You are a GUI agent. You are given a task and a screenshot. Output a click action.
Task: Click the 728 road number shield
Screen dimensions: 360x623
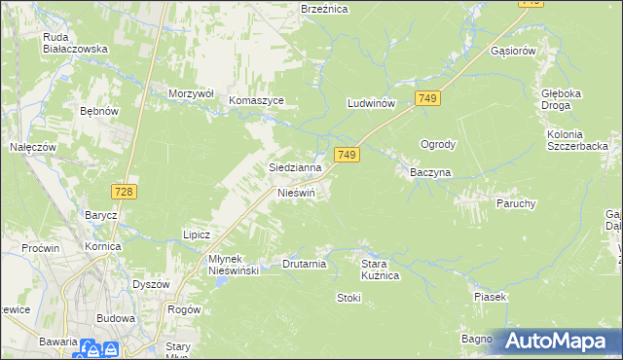pos(123,193)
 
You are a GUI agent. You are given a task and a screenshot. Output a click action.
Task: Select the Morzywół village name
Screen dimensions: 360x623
pos(191,92)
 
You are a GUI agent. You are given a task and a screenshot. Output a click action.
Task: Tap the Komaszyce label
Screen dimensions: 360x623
pos(256,100)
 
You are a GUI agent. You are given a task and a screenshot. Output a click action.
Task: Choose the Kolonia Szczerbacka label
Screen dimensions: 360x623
pos(577,139)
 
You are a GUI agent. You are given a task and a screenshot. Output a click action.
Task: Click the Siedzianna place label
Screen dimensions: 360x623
pos(295,167)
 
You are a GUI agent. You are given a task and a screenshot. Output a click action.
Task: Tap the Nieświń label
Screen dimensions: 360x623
pos(297,192)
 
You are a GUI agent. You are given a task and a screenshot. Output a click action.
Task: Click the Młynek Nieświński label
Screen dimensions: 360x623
pos(220,265)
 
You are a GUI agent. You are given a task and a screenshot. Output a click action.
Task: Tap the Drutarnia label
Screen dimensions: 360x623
pos(304,264)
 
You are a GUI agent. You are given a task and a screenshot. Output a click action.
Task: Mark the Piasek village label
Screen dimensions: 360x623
pos(491,296)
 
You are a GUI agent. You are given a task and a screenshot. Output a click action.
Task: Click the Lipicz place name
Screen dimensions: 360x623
pos(198,234)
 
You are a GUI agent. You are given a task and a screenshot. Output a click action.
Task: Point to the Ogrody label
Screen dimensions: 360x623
pos(438,144)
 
